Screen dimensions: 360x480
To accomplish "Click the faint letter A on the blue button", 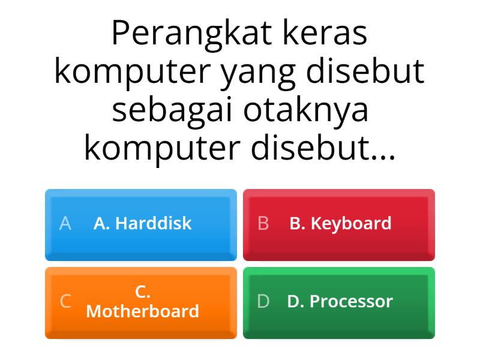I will (65, 224).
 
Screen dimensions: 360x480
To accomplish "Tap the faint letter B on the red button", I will (263, 224).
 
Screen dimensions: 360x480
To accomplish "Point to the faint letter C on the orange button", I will (65, 301).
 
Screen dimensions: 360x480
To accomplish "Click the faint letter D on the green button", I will (263, 301).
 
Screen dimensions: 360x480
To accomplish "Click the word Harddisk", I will (153, 224).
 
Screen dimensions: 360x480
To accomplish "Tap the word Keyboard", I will (351, 224).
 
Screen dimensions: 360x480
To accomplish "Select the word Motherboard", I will (143, 311).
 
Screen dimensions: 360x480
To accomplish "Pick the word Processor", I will (351, 301).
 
